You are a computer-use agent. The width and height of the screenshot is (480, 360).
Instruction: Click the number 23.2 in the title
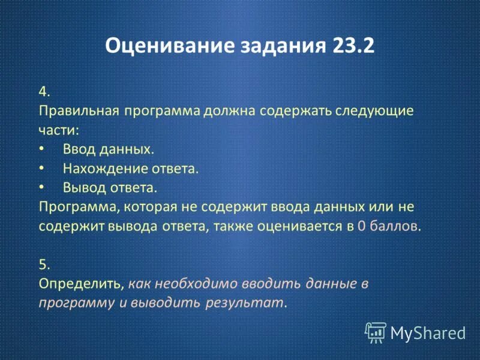(351, 47)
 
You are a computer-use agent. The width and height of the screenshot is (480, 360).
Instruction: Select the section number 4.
(44, 92)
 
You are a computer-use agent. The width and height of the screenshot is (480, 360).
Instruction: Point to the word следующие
(377, 112)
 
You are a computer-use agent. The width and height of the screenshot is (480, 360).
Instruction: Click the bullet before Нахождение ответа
(41, 169)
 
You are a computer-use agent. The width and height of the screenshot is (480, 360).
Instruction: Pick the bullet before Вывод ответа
(41, 188)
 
